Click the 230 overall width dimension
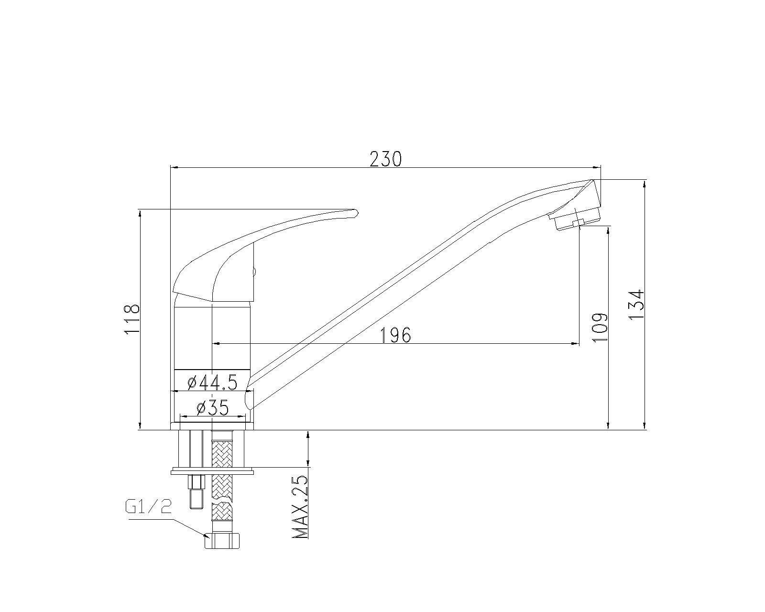click(386, 159)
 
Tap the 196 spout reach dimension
click(396, 335)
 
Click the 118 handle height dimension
click(131, 319)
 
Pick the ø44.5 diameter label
click(212, 383)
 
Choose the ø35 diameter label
click(213, 408)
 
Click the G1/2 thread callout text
click(148, 507)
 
